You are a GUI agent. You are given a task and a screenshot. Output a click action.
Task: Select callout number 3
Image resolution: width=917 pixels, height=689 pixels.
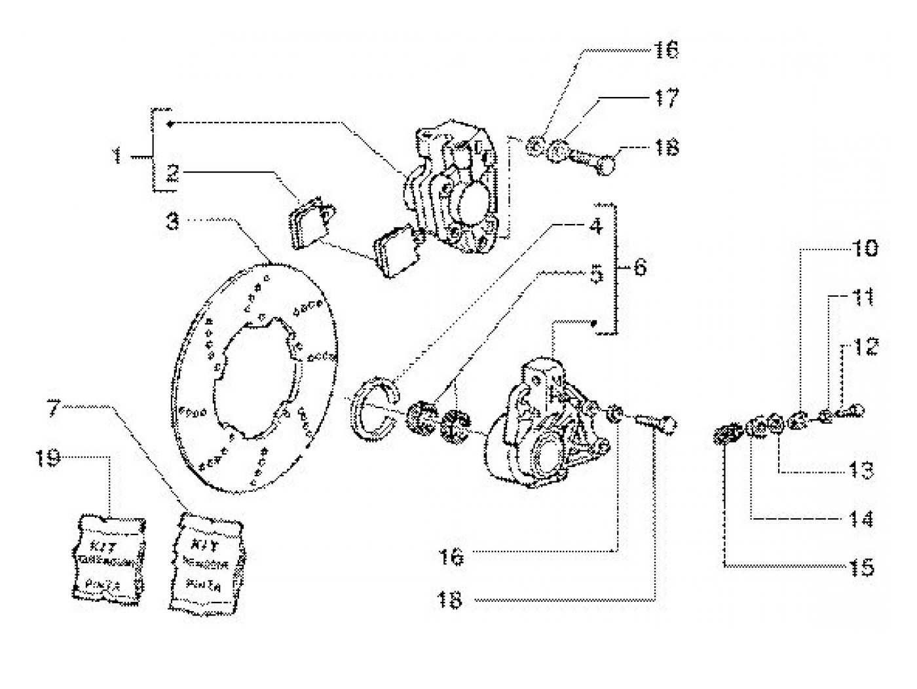172,221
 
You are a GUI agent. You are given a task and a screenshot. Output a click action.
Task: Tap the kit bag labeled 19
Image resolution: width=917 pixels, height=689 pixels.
109,556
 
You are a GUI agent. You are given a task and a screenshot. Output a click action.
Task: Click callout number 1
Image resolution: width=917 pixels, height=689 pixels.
117,156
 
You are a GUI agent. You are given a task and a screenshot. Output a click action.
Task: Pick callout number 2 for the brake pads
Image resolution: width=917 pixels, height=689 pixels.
172,173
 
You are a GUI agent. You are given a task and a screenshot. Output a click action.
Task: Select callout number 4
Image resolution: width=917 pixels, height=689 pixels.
595,227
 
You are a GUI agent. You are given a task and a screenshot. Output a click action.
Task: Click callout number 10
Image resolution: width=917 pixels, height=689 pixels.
864,248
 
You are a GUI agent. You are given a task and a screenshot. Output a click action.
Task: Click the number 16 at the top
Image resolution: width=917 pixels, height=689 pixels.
665,50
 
